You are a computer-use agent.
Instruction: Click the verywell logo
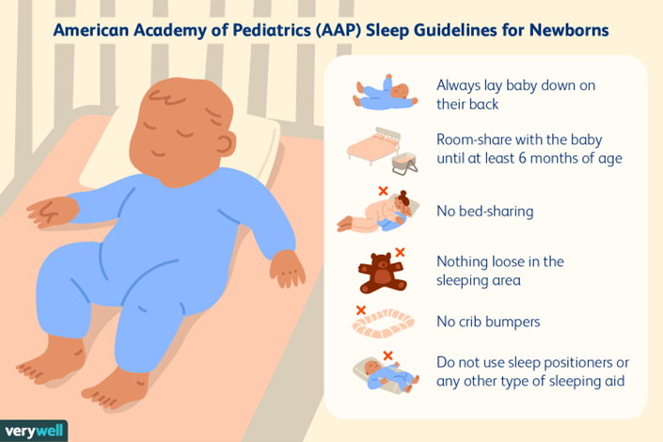34,431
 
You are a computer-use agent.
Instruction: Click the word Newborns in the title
569,30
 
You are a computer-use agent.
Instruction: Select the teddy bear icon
382,274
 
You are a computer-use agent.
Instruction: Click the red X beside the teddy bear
400,253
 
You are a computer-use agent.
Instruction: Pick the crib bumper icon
384,324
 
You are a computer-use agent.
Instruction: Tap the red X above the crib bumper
361,310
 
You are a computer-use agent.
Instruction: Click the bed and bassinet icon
382,150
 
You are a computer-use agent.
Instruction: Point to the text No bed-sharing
485,211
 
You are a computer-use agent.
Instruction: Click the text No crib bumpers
488,322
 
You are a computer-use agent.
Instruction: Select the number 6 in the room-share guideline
522,158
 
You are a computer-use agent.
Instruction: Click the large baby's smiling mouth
158,153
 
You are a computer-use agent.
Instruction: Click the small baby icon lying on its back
386,93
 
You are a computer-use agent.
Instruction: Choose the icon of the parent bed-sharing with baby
378,213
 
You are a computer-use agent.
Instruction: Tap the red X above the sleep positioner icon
387,355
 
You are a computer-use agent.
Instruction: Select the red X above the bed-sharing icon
383,191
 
